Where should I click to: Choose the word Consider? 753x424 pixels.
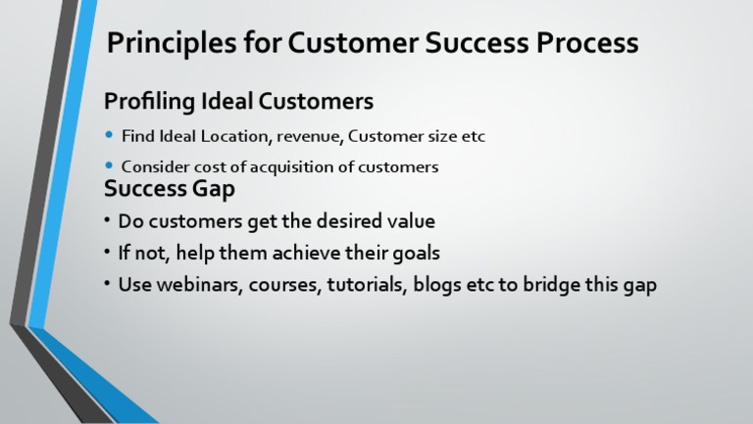pos(152,166)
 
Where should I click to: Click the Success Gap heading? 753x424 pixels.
pos(169,189)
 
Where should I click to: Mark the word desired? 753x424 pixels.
pos(350,221)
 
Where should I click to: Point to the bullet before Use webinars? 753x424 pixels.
pos(107,285)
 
